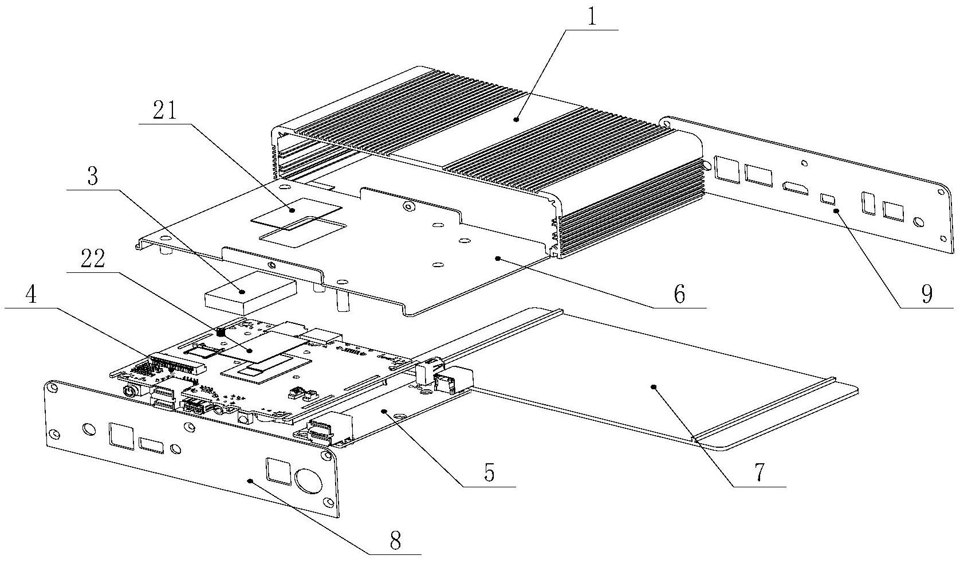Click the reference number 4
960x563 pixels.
pyautogui.click(x=488, y=472)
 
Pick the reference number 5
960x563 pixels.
pyautogui.click(x=679, y=295)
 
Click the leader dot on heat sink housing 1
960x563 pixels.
pyautogui.click(x=516, y=119)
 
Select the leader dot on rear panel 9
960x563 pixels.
pyautogui.click(x=836, y=211)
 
